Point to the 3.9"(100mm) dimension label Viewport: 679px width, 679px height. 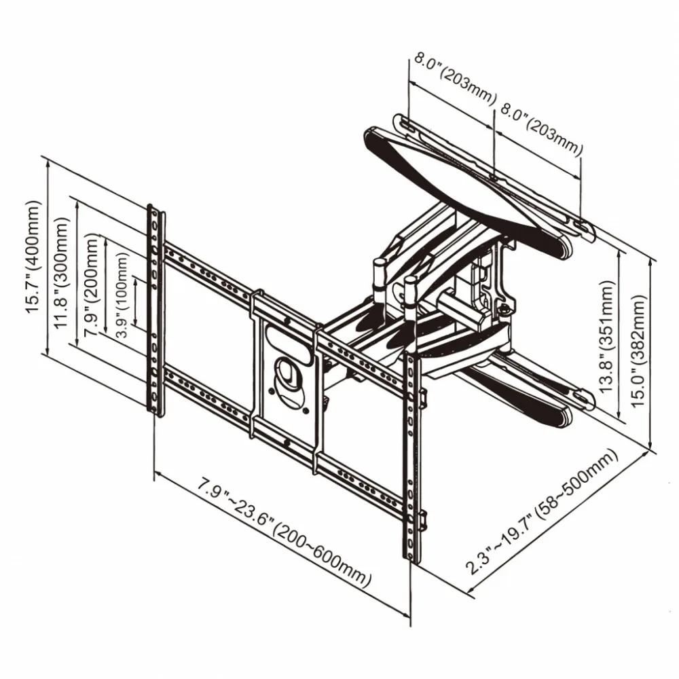pyautogui.click(x=122, y=289)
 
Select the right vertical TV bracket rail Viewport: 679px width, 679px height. pyautogui.click(x=412, y=455)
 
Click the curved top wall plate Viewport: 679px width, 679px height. pyautogui.click(x=469, y=180)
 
